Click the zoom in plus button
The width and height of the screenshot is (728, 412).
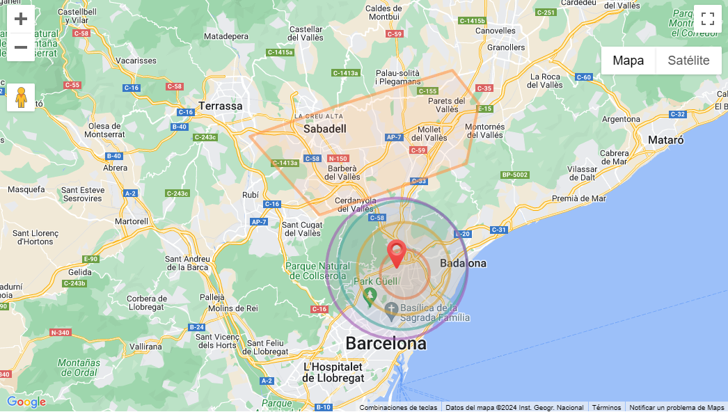tap(21, 19)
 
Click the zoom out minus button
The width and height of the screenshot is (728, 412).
tap(21, 47)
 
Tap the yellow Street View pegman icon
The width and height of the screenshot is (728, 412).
tap(21, 97)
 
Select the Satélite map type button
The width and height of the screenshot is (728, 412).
tap(688, 61)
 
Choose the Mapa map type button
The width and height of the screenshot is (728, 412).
tap(628, 61)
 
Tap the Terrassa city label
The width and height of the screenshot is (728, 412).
tap(221, 106)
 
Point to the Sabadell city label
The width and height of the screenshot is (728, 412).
tap(325, 129)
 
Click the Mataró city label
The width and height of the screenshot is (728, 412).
tap(665, 140)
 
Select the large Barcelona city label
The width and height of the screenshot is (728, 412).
tap(386, 343)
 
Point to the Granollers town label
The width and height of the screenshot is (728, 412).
tap(506, 47)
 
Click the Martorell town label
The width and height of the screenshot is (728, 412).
tap(132, 221)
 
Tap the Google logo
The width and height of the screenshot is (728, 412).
tap(26, 402)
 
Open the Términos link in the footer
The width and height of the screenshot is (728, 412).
tap(606, 407)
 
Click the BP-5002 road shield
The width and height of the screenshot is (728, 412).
tap(515, 175)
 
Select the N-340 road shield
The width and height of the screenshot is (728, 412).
tap(61, 333)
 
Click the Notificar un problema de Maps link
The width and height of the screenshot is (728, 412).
tap(676, 407)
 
